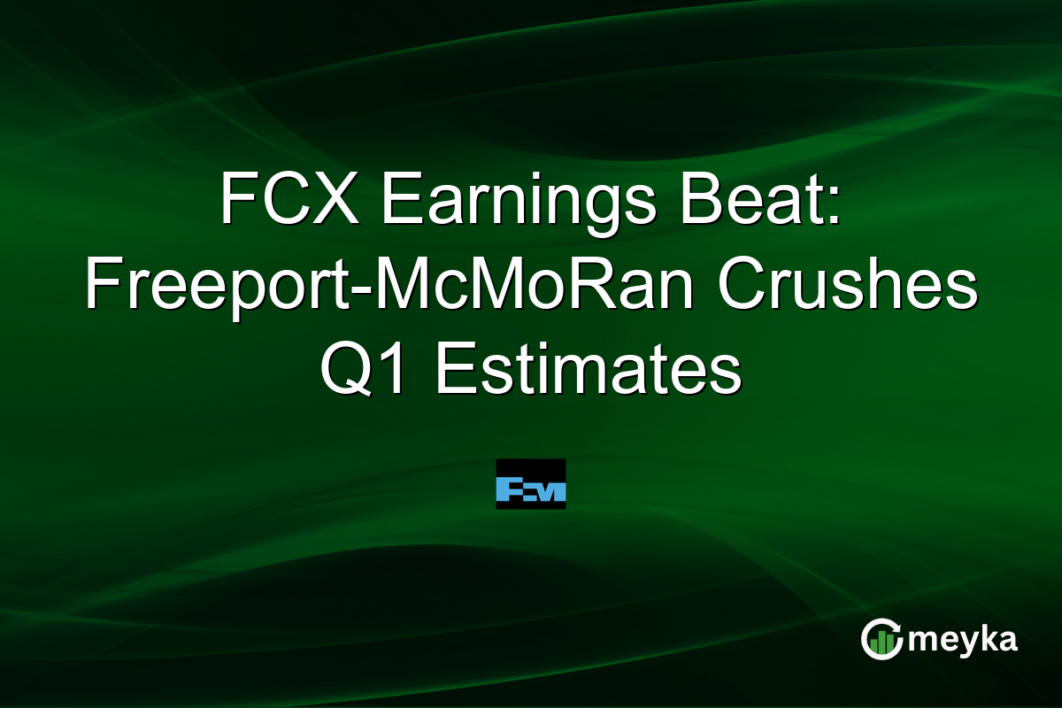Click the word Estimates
click(588, 372)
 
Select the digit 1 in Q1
click(398, 372)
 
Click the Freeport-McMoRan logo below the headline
click(530, 484)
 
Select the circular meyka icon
click(882, 639)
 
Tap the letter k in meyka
click(988, 637)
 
